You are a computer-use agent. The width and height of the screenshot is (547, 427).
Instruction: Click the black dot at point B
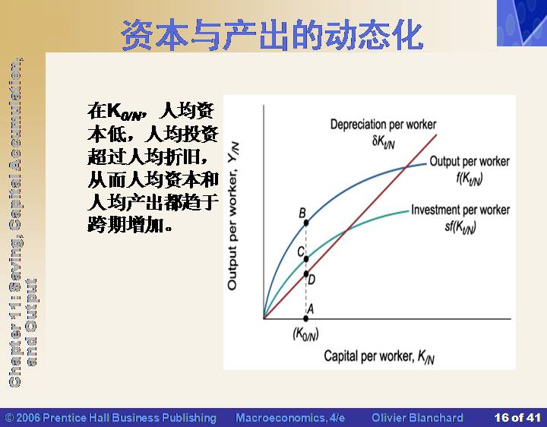306,223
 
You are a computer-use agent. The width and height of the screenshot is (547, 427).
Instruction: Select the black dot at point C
306,259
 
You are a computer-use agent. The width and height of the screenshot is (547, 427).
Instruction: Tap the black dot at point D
306,274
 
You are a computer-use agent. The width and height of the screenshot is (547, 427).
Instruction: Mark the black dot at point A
306,318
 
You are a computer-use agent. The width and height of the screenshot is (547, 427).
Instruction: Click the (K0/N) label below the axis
305,334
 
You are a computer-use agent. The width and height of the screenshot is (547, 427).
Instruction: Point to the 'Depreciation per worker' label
383,125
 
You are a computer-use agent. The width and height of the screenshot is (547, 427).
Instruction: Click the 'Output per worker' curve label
470,162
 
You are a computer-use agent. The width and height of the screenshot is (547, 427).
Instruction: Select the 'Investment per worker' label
460,210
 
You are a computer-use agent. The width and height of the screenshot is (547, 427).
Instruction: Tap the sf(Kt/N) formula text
460,227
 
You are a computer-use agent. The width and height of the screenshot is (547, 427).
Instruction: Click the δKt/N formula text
384,142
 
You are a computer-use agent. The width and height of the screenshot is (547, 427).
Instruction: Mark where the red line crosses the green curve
347,230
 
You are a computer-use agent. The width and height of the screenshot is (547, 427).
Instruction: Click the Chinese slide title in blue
272,35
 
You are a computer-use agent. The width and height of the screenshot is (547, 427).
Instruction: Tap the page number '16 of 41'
517,417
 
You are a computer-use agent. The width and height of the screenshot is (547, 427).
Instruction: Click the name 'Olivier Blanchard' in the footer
417,418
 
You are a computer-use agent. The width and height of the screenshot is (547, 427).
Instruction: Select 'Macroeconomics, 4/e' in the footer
290,418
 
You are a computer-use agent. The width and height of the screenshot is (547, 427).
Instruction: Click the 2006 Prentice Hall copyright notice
111,418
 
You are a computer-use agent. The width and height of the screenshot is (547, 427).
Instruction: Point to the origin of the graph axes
264,318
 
